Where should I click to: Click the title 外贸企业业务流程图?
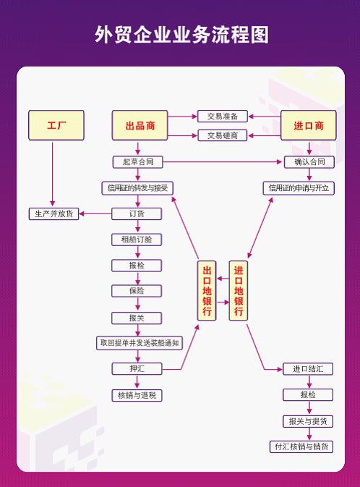coord(181,34)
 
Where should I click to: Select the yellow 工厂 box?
coord(56,125)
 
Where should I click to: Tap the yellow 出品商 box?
coord(140,125)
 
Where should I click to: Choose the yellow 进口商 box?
coord(309,125)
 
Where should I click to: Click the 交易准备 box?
coord(223,117)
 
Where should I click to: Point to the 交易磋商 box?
coord(223,135)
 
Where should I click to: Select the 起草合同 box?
coord(138,162)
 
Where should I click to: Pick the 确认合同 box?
coord(309,162)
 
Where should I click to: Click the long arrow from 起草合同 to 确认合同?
coord(222,162)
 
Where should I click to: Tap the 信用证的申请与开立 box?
coord(299,188)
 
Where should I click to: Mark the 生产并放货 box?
coord(53,213)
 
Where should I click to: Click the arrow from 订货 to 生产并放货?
coord(95,213)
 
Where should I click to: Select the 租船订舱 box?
coord(137,240)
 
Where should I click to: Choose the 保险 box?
coord(137,291)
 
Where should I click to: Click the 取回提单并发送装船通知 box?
coord(140,343)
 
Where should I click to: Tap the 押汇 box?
coord(137,368)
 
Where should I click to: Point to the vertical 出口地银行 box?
coord(207,291)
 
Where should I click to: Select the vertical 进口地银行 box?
coord(239,291)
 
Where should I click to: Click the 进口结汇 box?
coord(308,369)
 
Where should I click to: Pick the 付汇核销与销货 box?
coord(301,446)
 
